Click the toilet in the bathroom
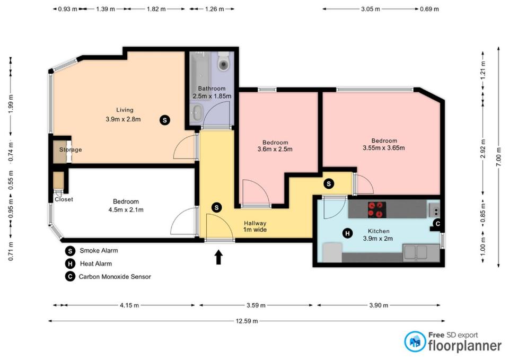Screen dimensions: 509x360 (x=224, y=61)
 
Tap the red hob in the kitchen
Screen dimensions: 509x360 (x=377, y=210)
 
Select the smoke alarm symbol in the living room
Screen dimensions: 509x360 (x=165, y=120)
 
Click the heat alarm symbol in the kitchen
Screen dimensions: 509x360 (x=348, y=233)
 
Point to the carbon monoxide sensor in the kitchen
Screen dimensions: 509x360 (x=437, y=223)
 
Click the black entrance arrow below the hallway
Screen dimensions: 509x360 (x=218, y=257)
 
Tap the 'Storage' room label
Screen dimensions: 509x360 (x=71, y=150)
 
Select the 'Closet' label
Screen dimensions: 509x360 (x=64, y=199)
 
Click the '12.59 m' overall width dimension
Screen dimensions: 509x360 (x=247, y=321)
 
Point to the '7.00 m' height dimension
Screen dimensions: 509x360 (x=499, y=157)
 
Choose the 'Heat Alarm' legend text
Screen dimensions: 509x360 (x=96, y=264)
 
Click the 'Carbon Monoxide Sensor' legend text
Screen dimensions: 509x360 (x=115, y=277)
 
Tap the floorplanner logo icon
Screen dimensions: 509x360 (x=415, y=341)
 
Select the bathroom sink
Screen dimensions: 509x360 (x=196, y=113)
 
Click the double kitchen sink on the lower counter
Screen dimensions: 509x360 (x=417, y=252)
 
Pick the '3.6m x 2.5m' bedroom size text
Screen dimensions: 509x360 (x=275, y=150)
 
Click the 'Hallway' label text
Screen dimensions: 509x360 (x=255, y=223)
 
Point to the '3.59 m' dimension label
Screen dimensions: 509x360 (x=256, y=305)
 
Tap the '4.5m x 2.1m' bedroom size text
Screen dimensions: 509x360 (x=126, y=210)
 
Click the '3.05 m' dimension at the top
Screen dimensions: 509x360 (x=371, y=9)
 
